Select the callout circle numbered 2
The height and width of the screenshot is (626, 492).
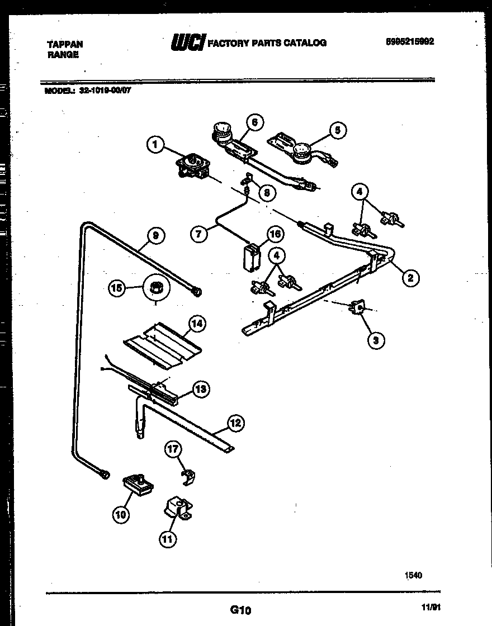pyautogui.click(x=410, y=277)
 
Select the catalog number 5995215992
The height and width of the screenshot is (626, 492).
pyautogui.click(x=410, y=41)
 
